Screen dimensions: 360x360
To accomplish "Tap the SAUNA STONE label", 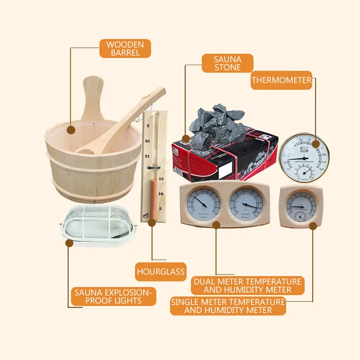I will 227,63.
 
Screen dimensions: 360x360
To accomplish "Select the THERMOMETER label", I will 281,81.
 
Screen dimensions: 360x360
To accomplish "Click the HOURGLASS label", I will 161,272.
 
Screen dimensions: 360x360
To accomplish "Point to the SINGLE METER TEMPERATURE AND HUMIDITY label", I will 228,306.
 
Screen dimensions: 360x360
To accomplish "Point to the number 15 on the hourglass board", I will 161,179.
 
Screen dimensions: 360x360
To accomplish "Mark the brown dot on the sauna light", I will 69,243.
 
